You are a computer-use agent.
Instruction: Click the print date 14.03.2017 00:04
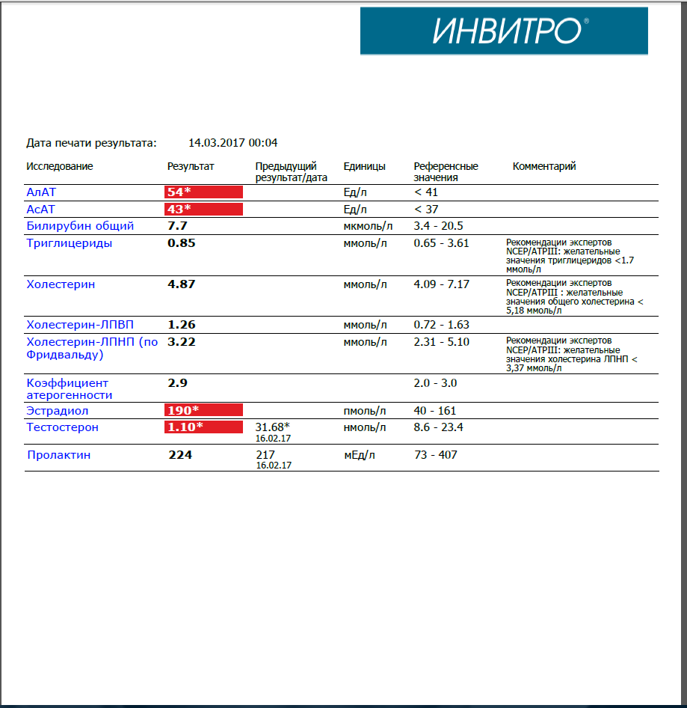tap(232, 142)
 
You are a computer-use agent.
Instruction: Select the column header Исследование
tap(60, 166)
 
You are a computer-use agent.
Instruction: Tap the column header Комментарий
tap(544, 166)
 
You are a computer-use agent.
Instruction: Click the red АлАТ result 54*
tap(203, 192)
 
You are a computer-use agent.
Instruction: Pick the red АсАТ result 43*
tap(203, 209)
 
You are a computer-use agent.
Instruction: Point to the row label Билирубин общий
tap(80, 225)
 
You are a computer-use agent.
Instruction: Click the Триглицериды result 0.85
tap(182, 242)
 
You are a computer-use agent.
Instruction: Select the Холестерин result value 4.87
tap(182, 284)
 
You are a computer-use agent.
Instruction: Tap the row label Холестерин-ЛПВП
tap(80, 325)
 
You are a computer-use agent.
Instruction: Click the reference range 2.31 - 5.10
tap(442, 341)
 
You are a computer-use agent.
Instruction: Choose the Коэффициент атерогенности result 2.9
tap(177, 382)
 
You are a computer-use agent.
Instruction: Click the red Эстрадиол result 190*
tap(203, 410)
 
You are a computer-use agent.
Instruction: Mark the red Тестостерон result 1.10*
tap(203, 427)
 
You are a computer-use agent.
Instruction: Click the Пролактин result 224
tap(179, 454)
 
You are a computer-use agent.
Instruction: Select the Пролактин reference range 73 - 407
tap(435, 454)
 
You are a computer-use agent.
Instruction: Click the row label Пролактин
tap(59, 454)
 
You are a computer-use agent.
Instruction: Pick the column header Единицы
tap(365, 166)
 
